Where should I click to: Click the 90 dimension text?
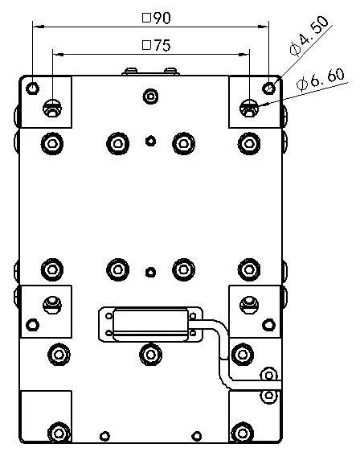point(162,18)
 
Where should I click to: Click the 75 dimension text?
point(162,46)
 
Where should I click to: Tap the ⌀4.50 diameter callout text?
point(309,35)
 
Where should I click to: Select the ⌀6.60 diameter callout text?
point(321,80)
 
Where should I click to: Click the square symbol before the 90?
point(147,18)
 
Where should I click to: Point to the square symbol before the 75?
point(147,45)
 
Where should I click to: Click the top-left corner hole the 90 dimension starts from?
point(32,88)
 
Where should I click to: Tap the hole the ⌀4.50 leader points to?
point(268,88)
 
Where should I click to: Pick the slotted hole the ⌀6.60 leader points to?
point(249,108)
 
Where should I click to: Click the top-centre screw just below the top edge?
point(150,97)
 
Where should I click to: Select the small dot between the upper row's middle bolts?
point(150,142)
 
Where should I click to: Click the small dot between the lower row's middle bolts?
point(150,272)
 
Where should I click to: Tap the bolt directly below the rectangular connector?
point(150,354)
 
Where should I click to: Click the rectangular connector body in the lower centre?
point(150,324)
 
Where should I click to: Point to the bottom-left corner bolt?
point(59,433)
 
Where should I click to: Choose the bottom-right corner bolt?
point(243,433)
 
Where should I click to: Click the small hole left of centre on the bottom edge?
point(104,436)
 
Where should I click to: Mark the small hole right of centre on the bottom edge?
point(197,436)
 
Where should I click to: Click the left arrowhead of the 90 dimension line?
point(39,27)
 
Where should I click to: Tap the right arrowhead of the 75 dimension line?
point(243,54)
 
